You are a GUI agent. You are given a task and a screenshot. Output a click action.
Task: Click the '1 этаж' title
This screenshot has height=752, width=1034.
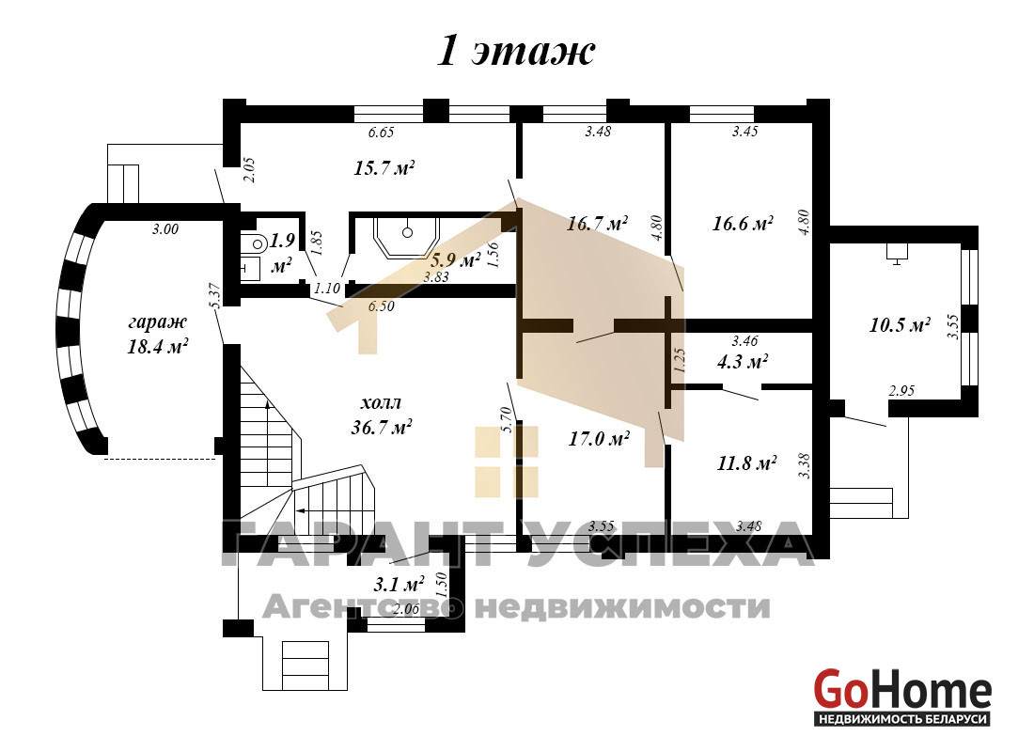pos(516,51)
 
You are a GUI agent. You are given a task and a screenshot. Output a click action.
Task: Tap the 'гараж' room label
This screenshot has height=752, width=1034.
pos(158,322)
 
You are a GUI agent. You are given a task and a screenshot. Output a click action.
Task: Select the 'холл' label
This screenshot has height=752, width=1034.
pos(381,402)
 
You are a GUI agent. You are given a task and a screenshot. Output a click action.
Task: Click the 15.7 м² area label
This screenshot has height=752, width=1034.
pos(384,167)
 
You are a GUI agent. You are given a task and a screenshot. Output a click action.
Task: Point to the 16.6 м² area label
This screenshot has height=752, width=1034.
pos(743,223)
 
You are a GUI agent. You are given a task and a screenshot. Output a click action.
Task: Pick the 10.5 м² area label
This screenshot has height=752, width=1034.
pos(900,324)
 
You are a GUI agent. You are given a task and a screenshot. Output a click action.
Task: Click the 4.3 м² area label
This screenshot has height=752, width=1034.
pos(743,362)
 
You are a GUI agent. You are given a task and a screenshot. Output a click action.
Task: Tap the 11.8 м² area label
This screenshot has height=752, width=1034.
pos(746,462)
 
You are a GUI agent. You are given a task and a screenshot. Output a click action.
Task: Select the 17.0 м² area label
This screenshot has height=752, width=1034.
pos(599,438)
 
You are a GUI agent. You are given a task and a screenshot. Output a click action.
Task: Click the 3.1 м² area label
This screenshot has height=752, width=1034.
pos(399,584)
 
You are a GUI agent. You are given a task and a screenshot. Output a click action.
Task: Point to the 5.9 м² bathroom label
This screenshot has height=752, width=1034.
pos(455,259)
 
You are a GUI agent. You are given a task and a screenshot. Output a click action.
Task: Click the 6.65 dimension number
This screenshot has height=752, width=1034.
pos(381,133)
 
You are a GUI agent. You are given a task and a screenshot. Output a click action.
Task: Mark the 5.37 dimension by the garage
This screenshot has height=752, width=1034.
pos(213,295)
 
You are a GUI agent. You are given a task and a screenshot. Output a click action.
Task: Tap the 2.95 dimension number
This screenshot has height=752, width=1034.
pos(901,390)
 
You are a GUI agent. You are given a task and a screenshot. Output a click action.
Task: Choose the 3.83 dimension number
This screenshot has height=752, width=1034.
pos(436,277)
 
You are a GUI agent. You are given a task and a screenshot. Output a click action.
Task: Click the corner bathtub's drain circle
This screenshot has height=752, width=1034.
pos(408,232)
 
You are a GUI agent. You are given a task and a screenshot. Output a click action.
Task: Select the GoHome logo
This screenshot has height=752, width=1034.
pos(902,698)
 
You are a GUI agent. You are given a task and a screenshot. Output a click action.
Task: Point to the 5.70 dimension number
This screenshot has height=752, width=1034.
pos(507,419)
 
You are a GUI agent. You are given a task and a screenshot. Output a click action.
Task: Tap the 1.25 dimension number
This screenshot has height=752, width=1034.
pos(681,360)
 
